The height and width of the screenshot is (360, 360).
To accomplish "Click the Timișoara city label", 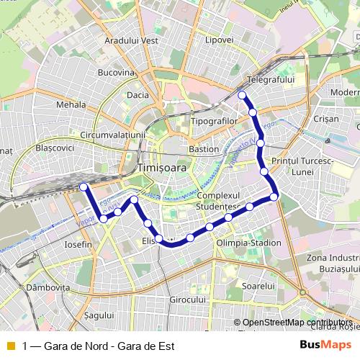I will click(161, 167).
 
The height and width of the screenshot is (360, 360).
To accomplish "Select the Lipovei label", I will click(219, 40).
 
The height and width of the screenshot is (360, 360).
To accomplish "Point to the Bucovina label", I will click(116, 73).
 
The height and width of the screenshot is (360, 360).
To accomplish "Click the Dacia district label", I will click(137, 94).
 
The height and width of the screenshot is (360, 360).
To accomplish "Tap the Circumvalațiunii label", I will click(114, 134).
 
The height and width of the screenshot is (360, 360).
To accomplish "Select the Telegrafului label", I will click(271, 78).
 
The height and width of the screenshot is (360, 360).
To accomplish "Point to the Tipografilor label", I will click(215, 121).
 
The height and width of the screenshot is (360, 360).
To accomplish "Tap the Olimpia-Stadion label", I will click(248, 243).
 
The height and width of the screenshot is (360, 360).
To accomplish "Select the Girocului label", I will click(189, 299).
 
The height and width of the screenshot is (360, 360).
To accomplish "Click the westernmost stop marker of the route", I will click(84, 187).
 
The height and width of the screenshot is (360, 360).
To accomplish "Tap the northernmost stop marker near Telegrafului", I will click(242, 95).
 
